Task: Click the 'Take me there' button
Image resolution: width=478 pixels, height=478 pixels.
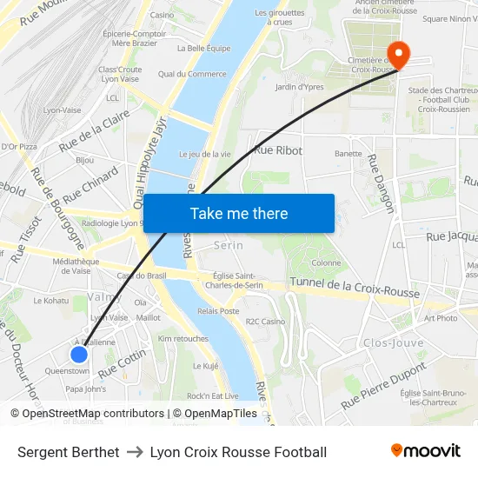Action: point(239,213)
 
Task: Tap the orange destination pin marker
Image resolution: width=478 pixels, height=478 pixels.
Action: point(398,54)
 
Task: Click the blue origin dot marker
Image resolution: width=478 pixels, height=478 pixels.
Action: point(79,354)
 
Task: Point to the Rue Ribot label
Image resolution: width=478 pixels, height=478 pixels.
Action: point(278,150)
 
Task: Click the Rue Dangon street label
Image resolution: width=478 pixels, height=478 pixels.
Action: point(381,183)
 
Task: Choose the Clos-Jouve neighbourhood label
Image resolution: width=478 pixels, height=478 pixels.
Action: point(394,342)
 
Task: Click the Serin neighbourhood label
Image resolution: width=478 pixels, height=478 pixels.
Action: point(229,246)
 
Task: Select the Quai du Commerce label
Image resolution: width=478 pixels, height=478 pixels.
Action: point(192,74)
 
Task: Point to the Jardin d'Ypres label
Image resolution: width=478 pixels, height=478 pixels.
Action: point(299,86)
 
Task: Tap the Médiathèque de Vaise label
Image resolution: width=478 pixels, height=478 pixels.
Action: point(77,265)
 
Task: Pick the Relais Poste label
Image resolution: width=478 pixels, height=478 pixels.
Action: point(218,310)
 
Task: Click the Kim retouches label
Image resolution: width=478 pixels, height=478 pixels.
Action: point(183,338)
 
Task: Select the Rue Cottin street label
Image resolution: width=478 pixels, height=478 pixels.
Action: point(122,362)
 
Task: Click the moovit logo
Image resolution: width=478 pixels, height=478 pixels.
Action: point(426,451)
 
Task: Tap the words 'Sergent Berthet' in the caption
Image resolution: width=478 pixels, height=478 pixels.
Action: point(69,452)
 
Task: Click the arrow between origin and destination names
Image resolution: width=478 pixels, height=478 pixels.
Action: point(135,452)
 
